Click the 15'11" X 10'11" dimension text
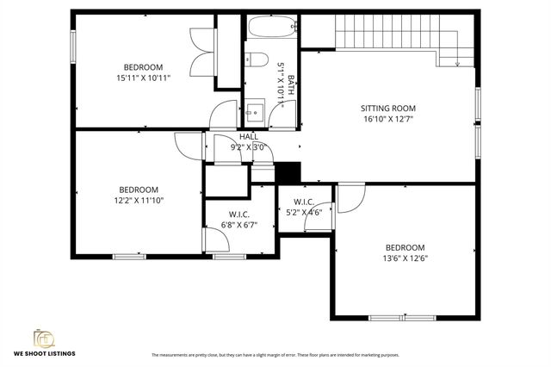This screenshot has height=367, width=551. coord(142,78)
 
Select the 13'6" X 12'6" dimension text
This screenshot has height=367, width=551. coord(405,258)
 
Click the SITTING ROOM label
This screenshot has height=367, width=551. coord(387,109)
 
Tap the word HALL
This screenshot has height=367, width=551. coord(249,137)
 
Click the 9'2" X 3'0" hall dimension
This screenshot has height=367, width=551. coord(249,147)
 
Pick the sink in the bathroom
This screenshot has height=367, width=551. coord(254,110)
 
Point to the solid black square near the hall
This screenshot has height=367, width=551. coord(290,172)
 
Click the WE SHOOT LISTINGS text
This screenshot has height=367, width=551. coord(44,354)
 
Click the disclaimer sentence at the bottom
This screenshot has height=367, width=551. coord(275,355)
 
